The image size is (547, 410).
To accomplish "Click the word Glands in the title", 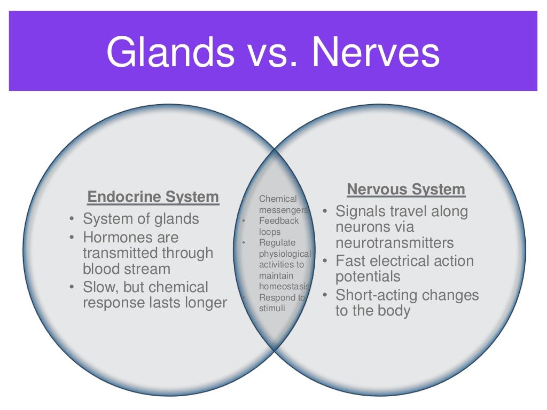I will [x=170, y=53].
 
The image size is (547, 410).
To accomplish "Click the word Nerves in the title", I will [x=376, y=53].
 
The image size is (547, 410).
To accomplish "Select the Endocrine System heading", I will [x=153, y=197].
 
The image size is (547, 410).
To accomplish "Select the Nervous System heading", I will [x=406, y=190].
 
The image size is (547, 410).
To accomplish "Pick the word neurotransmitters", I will [x=394, y=243].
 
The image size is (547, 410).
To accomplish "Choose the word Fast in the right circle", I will [x=351, y=261].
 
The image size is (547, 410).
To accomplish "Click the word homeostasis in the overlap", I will [x=282, y=287].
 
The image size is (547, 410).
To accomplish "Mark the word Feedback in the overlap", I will [x=279, y=220].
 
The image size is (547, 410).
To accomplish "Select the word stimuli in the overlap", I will [x=272, y=308].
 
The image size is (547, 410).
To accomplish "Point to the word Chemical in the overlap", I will [x=277, y=199].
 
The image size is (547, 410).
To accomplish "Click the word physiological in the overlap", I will [x=285, y=254].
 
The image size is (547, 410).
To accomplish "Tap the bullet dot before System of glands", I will [x=72, y=219].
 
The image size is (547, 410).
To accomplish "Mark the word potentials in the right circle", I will [x=368, y=277].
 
